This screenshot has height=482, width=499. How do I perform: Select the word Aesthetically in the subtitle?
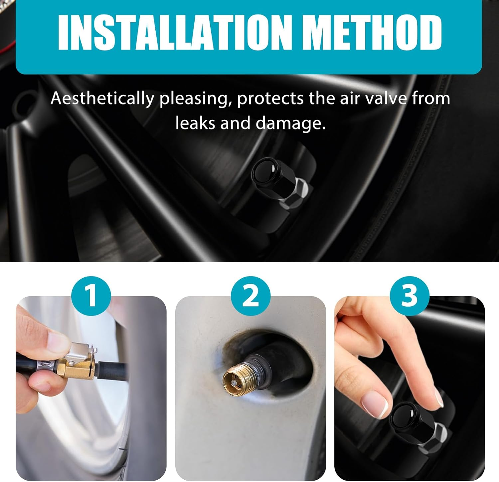102,99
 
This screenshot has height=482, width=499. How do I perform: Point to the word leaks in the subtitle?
194,123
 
